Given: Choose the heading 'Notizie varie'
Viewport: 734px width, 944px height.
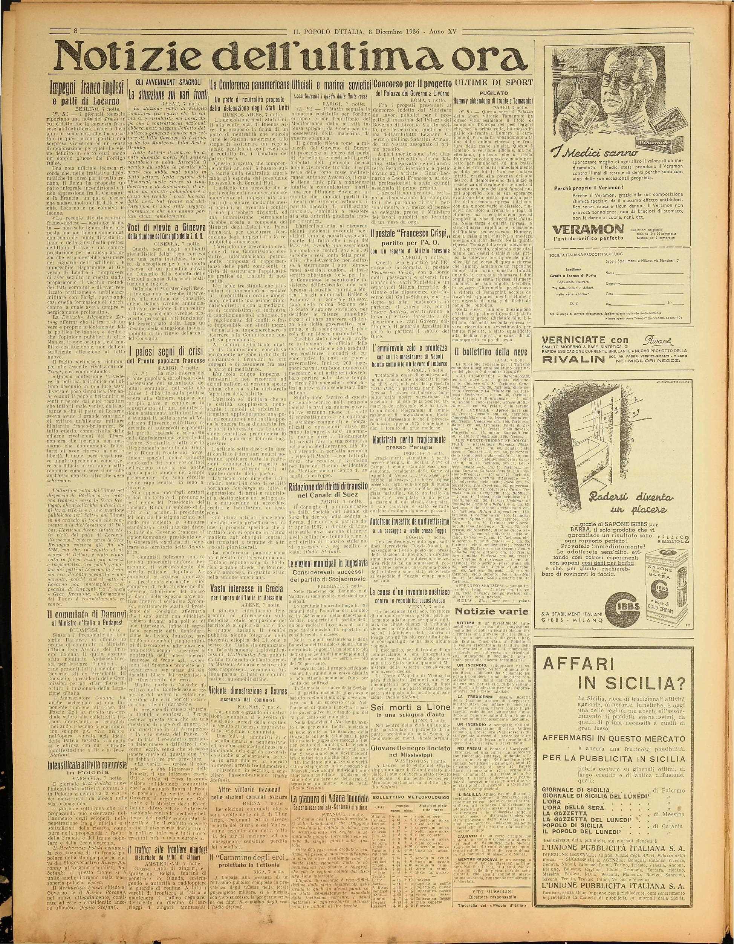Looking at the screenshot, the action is [x=491, y=613].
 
